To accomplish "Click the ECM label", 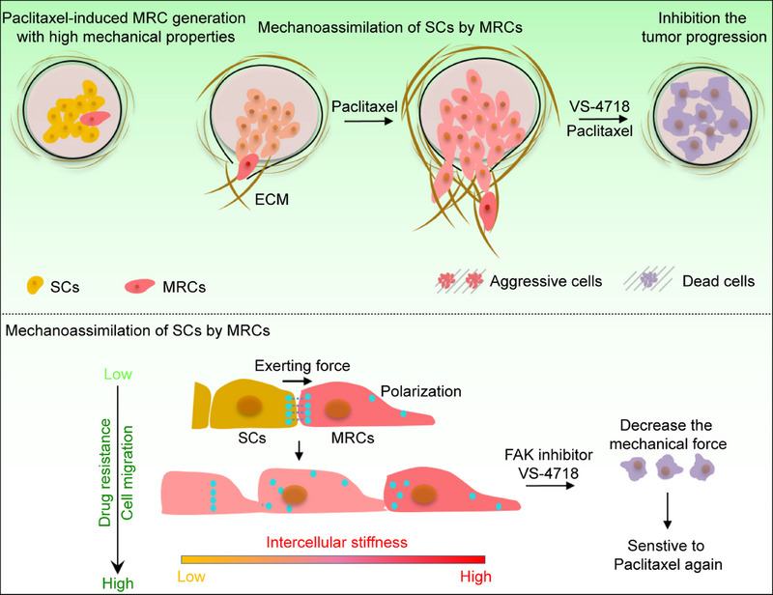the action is [x=272, y=199].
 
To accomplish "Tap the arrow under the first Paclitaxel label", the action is [x=368, y=120].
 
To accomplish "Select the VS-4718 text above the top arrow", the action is [x=599, y=106].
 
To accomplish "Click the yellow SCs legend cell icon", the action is [x=34, y=285].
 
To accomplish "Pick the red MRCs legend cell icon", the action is [x=139, y=287].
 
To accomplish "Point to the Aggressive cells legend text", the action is [x=546, y=281].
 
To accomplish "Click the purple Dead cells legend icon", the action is [x=648, y=280].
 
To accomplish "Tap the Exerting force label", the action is [x=302, y=366].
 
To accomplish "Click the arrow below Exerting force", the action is [x=298, y=382].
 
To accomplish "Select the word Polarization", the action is [x=421, y=391].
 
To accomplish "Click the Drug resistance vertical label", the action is [x=105, y=472].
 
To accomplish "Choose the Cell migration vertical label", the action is [x=127, y=472].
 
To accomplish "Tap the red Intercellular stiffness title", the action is [x=336, y=542].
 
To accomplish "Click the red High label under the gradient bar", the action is [x=475, y=577].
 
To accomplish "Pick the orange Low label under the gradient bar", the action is [x=191, y=577].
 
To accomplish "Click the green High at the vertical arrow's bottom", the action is [x=118, y=583].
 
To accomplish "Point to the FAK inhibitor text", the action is [x=549, y=454].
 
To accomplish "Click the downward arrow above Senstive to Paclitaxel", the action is [x=667, y=510].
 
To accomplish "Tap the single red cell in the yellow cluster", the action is [x=95, y=118].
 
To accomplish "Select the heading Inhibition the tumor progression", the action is [x=704, y=28].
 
